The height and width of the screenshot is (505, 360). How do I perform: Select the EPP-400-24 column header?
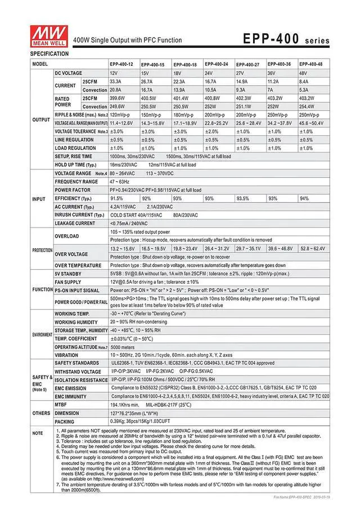click(216, 65)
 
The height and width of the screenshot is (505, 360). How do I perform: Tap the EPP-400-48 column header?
click(310, 65)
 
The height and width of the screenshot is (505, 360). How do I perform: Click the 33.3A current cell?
click(115, 82)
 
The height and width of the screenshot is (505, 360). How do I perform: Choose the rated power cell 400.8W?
click(212, 98)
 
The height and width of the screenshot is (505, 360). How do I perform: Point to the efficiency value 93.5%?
click(243, 198)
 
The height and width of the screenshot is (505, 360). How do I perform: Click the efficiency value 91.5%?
click(116, 198)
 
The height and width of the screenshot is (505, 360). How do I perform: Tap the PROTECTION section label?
click(42, 250)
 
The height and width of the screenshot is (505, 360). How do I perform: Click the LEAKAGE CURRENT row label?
click(75, 223)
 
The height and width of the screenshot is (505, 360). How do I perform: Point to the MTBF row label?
click(61, 405)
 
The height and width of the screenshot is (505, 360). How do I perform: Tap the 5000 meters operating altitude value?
click(123, 347)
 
